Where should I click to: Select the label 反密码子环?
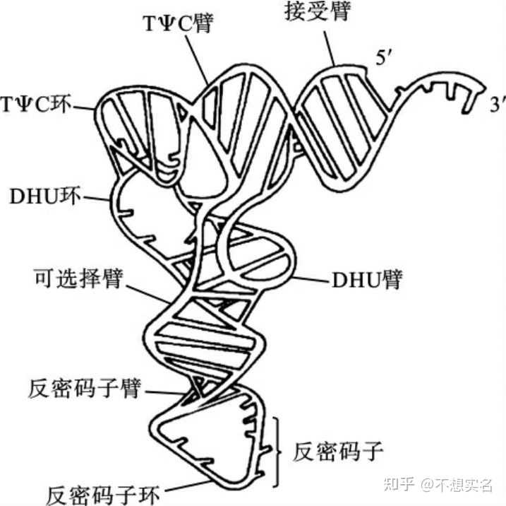point(104,492)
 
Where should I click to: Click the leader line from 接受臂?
point(328,46)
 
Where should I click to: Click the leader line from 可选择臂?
point(148,291)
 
